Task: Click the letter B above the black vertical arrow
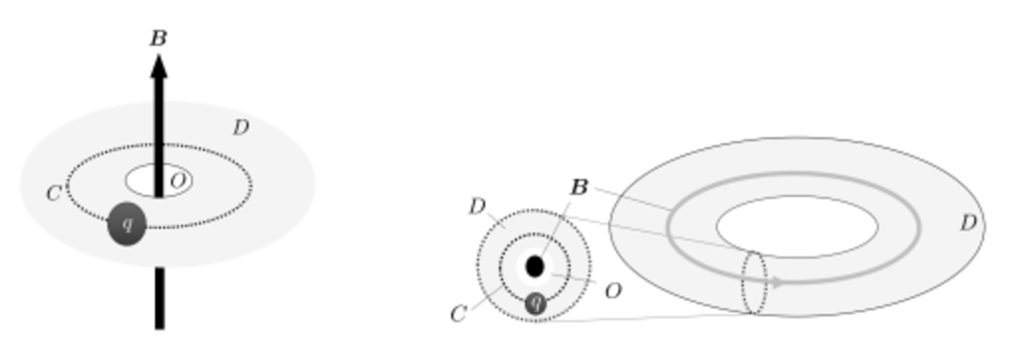tap(158, 39)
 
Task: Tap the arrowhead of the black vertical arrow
tap(158, 66)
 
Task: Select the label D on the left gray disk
tap(241, 127)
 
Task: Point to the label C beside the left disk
tap(55, 192)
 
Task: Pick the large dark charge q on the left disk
tap(127, 224)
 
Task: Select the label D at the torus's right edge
tap(967, 224)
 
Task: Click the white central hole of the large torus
tap(796, 226)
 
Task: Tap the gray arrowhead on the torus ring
tap(778, 281)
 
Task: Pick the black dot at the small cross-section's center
tap(535, 267)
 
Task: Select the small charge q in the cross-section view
tap(536, 302)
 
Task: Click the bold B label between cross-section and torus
tap(580, 187)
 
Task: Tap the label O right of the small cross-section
tap(613, 290)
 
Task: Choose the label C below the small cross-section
tap(458, 314)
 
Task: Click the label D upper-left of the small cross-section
tap(477, 207)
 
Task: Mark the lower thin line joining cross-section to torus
tap(646, 317)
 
